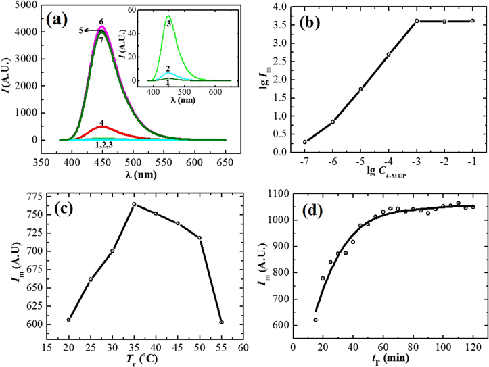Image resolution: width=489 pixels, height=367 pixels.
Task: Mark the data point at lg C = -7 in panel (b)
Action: coord(305,142)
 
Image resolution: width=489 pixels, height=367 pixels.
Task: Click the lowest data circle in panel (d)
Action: coord(315,320)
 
